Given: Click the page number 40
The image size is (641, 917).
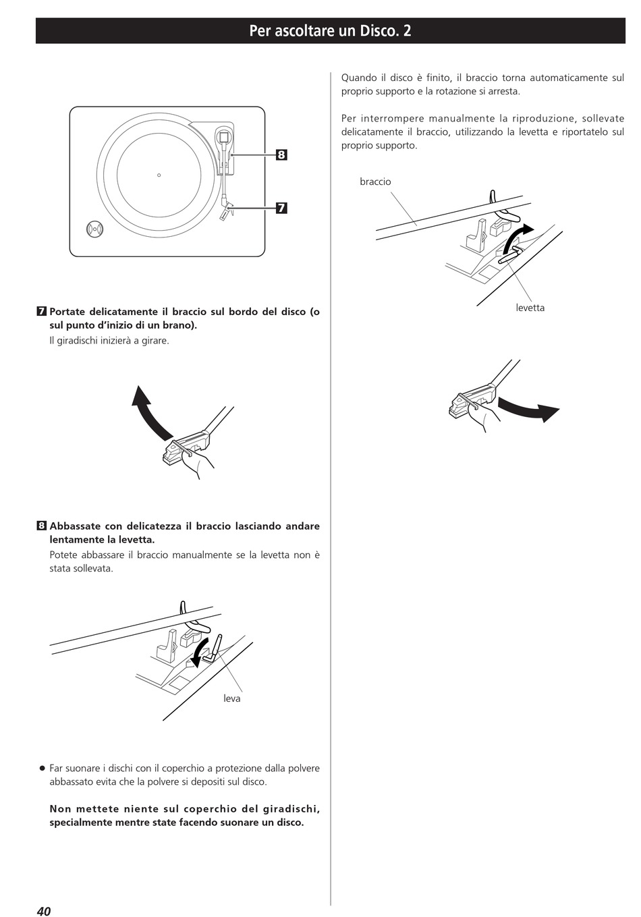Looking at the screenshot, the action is pyautogui.click(x=44, y=910).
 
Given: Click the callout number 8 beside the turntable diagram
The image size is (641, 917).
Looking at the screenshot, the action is pyautogui.click(x=281, y=155).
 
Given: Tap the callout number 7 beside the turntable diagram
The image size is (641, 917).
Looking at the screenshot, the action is pyautogui.click(x=281, y=209).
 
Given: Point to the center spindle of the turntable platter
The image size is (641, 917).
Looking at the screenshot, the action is pyautogui.click(x=159, y=175).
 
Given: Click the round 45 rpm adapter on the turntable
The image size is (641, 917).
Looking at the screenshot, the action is pyautogui.click(x=94, y=229).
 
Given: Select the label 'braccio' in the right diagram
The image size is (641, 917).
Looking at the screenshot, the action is pyautogui.click(x=375, y=182).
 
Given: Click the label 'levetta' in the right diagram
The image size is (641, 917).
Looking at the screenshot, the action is pyautogui.click(x=530, y=308).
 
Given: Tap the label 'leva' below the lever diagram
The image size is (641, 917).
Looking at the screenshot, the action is pyautogui.click(x=231, y=698).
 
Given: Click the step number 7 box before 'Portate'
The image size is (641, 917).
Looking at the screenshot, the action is pyautogui.click(x=41, y=312).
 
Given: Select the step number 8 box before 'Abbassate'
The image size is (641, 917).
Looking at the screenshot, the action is pyautogui.click(x=41, y=526).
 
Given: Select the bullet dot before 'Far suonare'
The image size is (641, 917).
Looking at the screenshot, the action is pyautogui.click(x=42, y=769).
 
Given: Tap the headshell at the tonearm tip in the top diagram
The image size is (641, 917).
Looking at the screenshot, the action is pyautogui.click(x=226, y=210).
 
